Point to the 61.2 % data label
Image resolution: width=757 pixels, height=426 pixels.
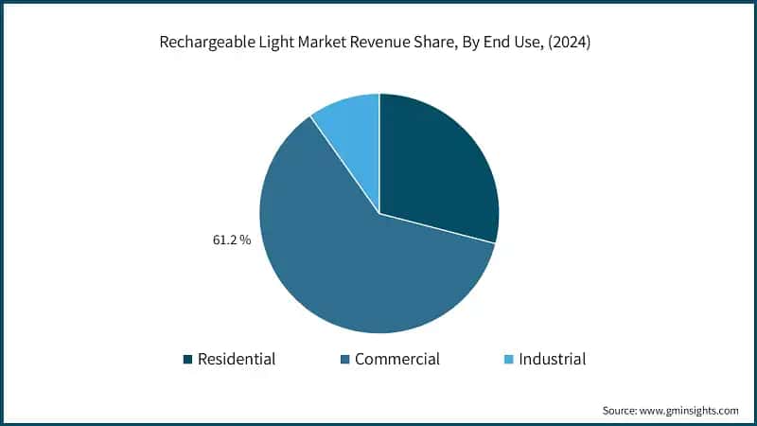point(231,240)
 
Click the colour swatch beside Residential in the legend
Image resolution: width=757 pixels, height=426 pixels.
point(187,360)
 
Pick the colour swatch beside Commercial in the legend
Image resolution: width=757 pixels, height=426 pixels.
point(343,360)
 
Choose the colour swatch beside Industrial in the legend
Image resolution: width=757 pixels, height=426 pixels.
point(507,360)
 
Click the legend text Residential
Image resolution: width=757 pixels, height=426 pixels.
point(237,360)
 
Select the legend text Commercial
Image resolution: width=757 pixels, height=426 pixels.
point(397,360)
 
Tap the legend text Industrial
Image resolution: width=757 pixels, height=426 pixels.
point(552,360)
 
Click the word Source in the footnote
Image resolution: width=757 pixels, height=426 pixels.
point(620,411)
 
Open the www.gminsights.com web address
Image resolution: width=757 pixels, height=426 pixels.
point(691,411)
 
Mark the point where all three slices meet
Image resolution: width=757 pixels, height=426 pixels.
point(379,213)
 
